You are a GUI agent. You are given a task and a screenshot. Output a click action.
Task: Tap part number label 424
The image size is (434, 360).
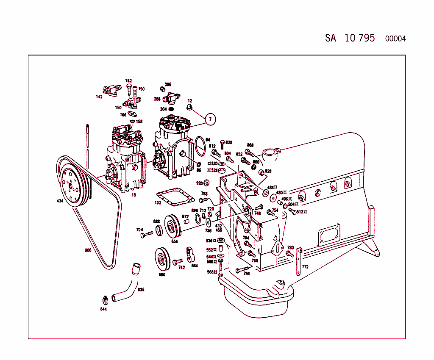[60, 201]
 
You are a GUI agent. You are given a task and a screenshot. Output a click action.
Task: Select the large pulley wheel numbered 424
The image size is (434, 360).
[71, 186]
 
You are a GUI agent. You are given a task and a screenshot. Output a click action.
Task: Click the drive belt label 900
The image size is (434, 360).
[88, 250]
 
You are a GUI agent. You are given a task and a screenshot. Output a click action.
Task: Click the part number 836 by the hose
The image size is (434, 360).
[141, 290]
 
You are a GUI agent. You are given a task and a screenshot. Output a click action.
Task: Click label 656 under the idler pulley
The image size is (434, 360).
[174, 241]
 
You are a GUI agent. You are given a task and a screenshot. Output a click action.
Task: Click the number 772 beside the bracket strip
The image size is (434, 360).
[305, 267]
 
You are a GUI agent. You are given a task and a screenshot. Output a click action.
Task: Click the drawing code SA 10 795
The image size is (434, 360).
[350, 38]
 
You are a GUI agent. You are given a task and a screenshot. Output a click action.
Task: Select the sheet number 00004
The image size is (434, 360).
[395, 39]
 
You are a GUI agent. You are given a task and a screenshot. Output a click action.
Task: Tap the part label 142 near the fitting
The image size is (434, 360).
[99, 97]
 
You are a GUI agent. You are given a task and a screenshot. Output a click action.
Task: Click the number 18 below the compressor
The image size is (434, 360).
[134, 195]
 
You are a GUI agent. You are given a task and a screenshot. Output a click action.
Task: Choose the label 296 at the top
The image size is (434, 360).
[168, 84]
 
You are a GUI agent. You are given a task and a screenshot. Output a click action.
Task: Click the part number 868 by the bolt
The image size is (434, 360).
[250, 145]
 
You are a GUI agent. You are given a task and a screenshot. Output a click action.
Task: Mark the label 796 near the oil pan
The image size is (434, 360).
[246, 274]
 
